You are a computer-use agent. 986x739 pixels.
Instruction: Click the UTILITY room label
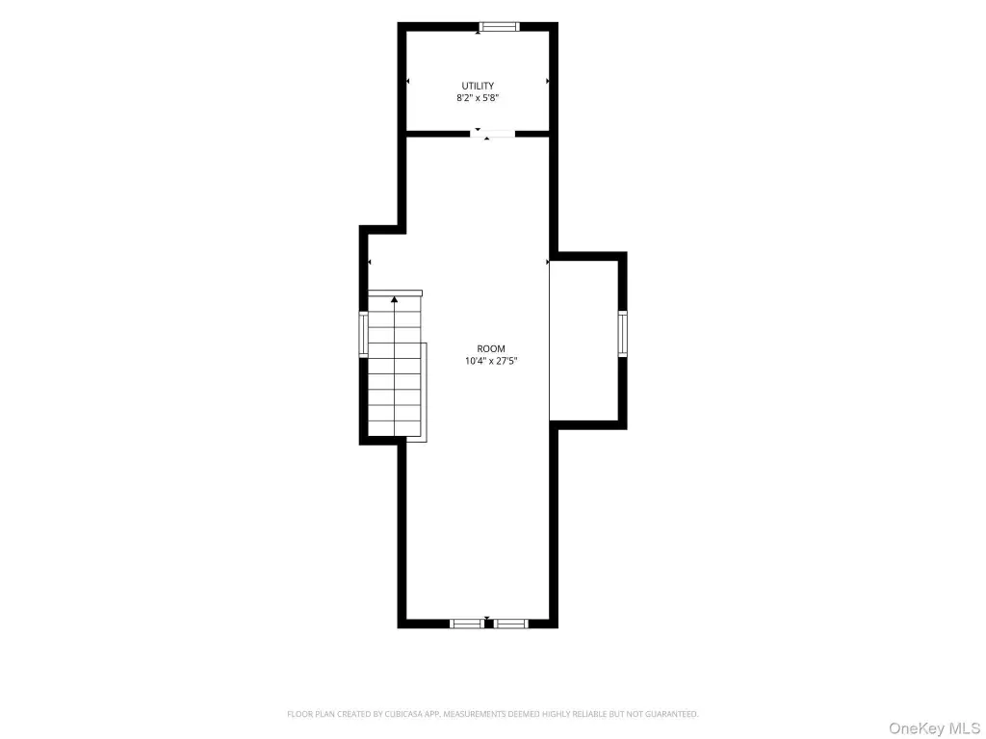coord(478,86)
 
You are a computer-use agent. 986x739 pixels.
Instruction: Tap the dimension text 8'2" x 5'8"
coord(478,98)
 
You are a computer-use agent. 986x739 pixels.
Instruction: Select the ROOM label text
coord(491,348)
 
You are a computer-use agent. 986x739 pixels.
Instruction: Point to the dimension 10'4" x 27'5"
coord(491,361)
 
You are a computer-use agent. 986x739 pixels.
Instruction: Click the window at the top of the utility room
coord(500,26)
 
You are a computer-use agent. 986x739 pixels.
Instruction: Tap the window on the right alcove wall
coord(623,334)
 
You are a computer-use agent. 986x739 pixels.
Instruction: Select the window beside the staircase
coord(363,334)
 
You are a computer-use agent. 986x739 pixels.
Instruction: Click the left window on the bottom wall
coord(467,624)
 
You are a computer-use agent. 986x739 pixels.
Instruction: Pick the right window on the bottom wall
coord(510,624)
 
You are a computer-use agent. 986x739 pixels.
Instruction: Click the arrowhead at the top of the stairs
coord(394,300)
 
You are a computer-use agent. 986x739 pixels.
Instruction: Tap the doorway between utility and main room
coord(493,134)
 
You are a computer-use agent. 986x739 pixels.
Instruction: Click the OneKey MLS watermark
coord(934,727)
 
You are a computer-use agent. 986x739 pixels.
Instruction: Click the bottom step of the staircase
coord(394,428)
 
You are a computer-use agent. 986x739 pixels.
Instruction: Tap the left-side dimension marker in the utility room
coord(408,81)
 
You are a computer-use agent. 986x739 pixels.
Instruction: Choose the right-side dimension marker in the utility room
coord(548,81)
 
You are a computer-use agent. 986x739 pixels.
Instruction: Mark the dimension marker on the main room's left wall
coord(369,262)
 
